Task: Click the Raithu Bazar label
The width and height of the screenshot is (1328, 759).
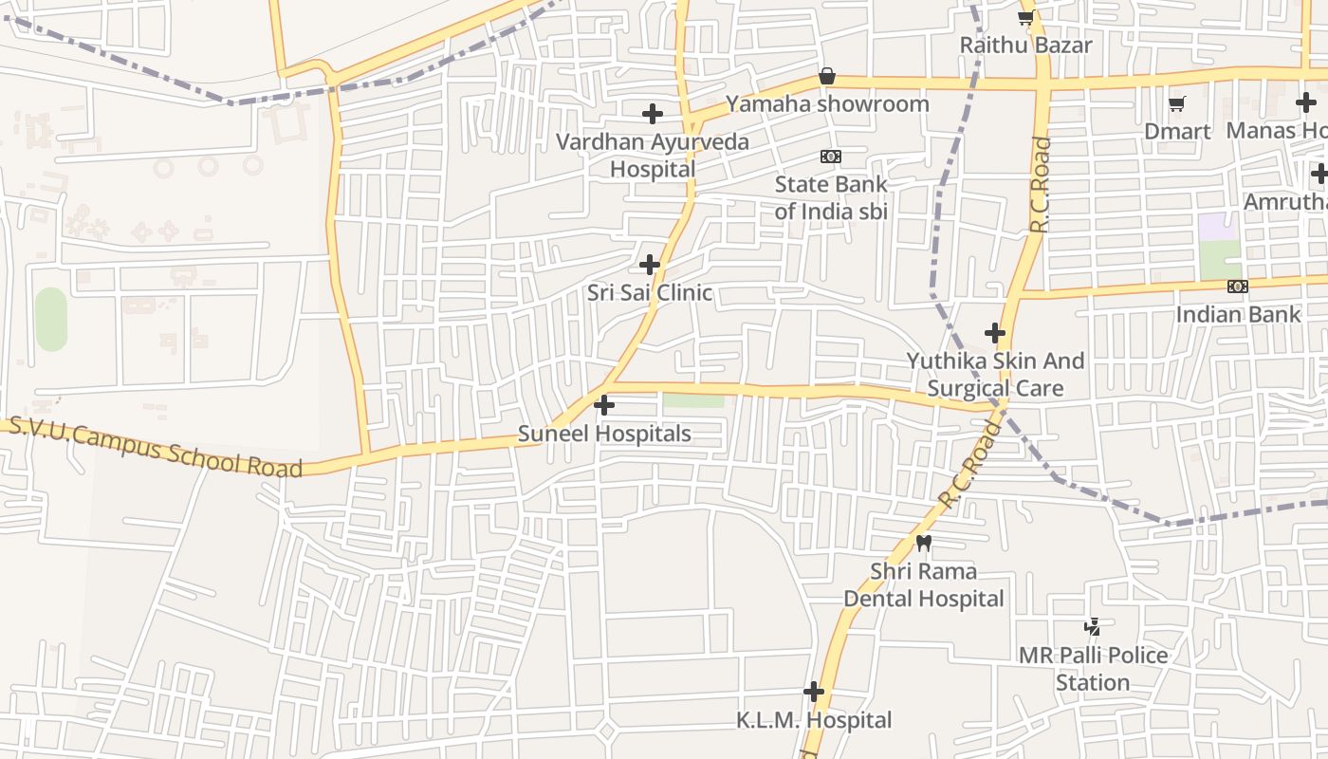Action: (1025, 45)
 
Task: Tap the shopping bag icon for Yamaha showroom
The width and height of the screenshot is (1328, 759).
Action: (827, 76)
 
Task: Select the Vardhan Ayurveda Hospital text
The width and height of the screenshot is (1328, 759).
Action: (653, 156)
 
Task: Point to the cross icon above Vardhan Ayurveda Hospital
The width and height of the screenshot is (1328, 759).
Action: (653, 114)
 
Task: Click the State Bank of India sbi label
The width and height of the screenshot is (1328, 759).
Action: (831, 197)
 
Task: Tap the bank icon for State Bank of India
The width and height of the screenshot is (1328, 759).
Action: (831, 157)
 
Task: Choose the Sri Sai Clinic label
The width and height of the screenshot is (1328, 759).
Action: (650, 292)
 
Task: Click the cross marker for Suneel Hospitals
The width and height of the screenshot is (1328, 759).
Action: (603, 406)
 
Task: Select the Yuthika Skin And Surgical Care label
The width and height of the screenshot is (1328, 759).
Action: (995, 374)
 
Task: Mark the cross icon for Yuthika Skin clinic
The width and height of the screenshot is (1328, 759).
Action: (995, 333)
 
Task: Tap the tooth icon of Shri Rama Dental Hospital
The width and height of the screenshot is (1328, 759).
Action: (924, 543)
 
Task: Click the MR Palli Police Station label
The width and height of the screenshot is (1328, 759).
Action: (1093, 668)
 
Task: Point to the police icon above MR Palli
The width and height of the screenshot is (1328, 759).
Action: (1093, 626)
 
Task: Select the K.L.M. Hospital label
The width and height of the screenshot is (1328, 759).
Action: (814, 720)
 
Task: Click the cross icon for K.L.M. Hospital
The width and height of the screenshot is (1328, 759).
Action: (814, 692)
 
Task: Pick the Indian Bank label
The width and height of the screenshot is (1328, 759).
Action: (1238, 314)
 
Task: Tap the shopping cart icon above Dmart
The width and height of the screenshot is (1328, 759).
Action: (1177, 103)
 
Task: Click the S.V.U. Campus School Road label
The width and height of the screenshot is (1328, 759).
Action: (156, 447)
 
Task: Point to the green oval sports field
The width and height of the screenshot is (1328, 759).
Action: (51, 319)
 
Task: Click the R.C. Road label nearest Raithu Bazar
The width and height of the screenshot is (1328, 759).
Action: (1042, 185)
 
